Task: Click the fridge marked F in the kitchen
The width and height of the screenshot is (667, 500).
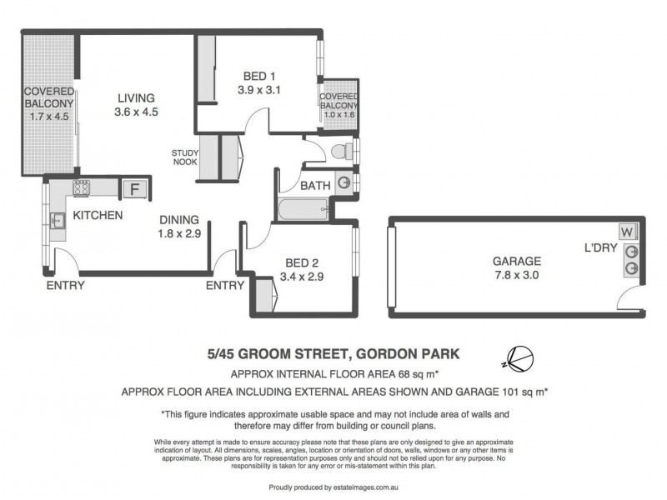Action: pyautogui.click(x=133, y=188)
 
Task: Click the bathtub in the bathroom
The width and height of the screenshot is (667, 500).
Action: pyautogui.click(x=303, y=208)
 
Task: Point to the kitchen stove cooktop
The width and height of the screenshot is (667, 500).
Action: pyautogui.click(x=81, y=188)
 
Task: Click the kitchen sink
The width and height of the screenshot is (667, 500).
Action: pyautogui.click(x=58, y=222)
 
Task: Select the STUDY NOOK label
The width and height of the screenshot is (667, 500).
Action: pyautogui.click(x=184, y=157)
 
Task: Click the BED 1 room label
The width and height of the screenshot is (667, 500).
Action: pyautogui.click(x=255, y=72)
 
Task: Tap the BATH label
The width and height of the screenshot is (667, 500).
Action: pyautogui.click(x=315, y=184)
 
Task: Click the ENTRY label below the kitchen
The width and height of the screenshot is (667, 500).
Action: pyautogui.click(x=66, y=285)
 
